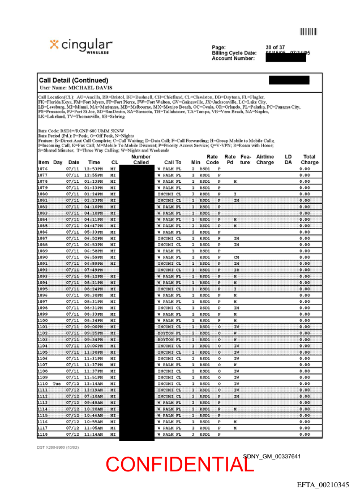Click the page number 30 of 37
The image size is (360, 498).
275,47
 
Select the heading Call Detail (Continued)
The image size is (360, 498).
74,80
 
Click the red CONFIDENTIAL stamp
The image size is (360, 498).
179,464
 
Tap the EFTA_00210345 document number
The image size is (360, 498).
323,485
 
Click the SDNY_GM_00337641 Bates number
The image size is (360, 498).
272,456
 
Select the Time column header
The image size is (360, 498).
94,162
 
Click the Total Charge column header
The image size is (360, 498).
309,160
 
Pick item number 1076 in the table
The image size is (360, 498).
43,169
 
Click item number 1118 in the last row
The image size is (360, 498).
43,434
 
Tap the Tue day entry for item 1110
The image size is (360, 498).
57,384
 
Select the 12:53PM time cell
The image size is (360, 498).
93,169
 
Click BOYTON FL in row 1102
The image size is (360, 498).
169,333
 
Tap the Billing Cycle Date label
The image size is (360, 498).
234,53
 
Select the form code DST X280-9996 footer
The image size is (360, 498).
58,447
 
